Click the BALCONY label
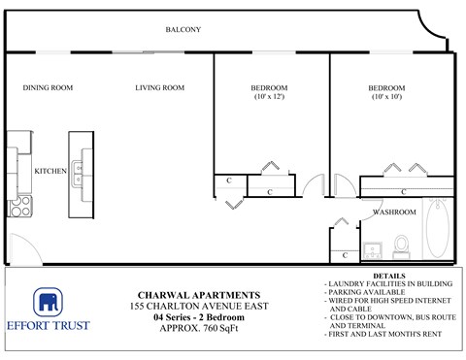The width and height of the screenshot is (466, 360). [x=183, y=30]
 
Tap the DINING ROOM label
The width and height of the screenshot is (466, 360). [x=49, y=88]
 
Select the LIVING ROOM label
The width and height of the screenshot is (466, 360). [x=160, y=88]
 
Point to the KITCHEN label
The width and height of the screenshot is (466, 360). [x=50, y=171]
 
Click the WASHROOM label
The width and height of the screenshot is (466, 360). [x=395, y=212]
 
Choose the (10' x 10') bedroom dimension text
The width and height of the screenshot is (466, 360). [x=387, y=97]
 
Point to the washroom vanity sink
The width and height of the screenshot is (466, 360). [x=375, y=246]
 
